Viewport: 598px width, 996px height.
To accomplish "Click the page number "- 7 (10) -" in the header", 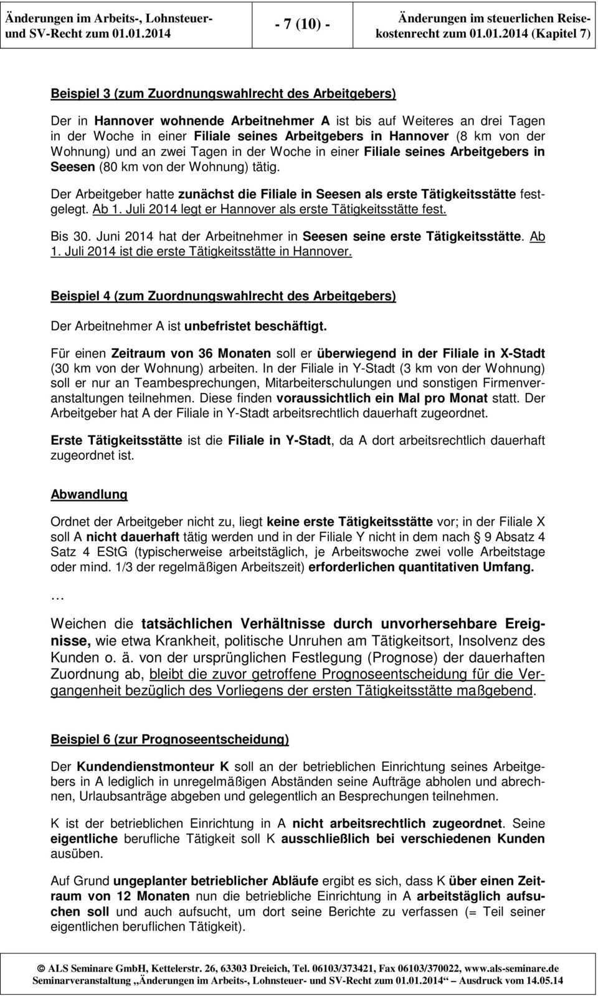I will (x=302, y=25).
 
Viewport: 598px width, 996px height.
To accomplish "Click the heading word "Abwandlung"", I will (x=89, y=495).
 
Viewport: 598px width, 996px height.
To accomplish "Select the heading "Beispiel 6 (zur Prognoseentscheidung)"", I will (x=169, y=740).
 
